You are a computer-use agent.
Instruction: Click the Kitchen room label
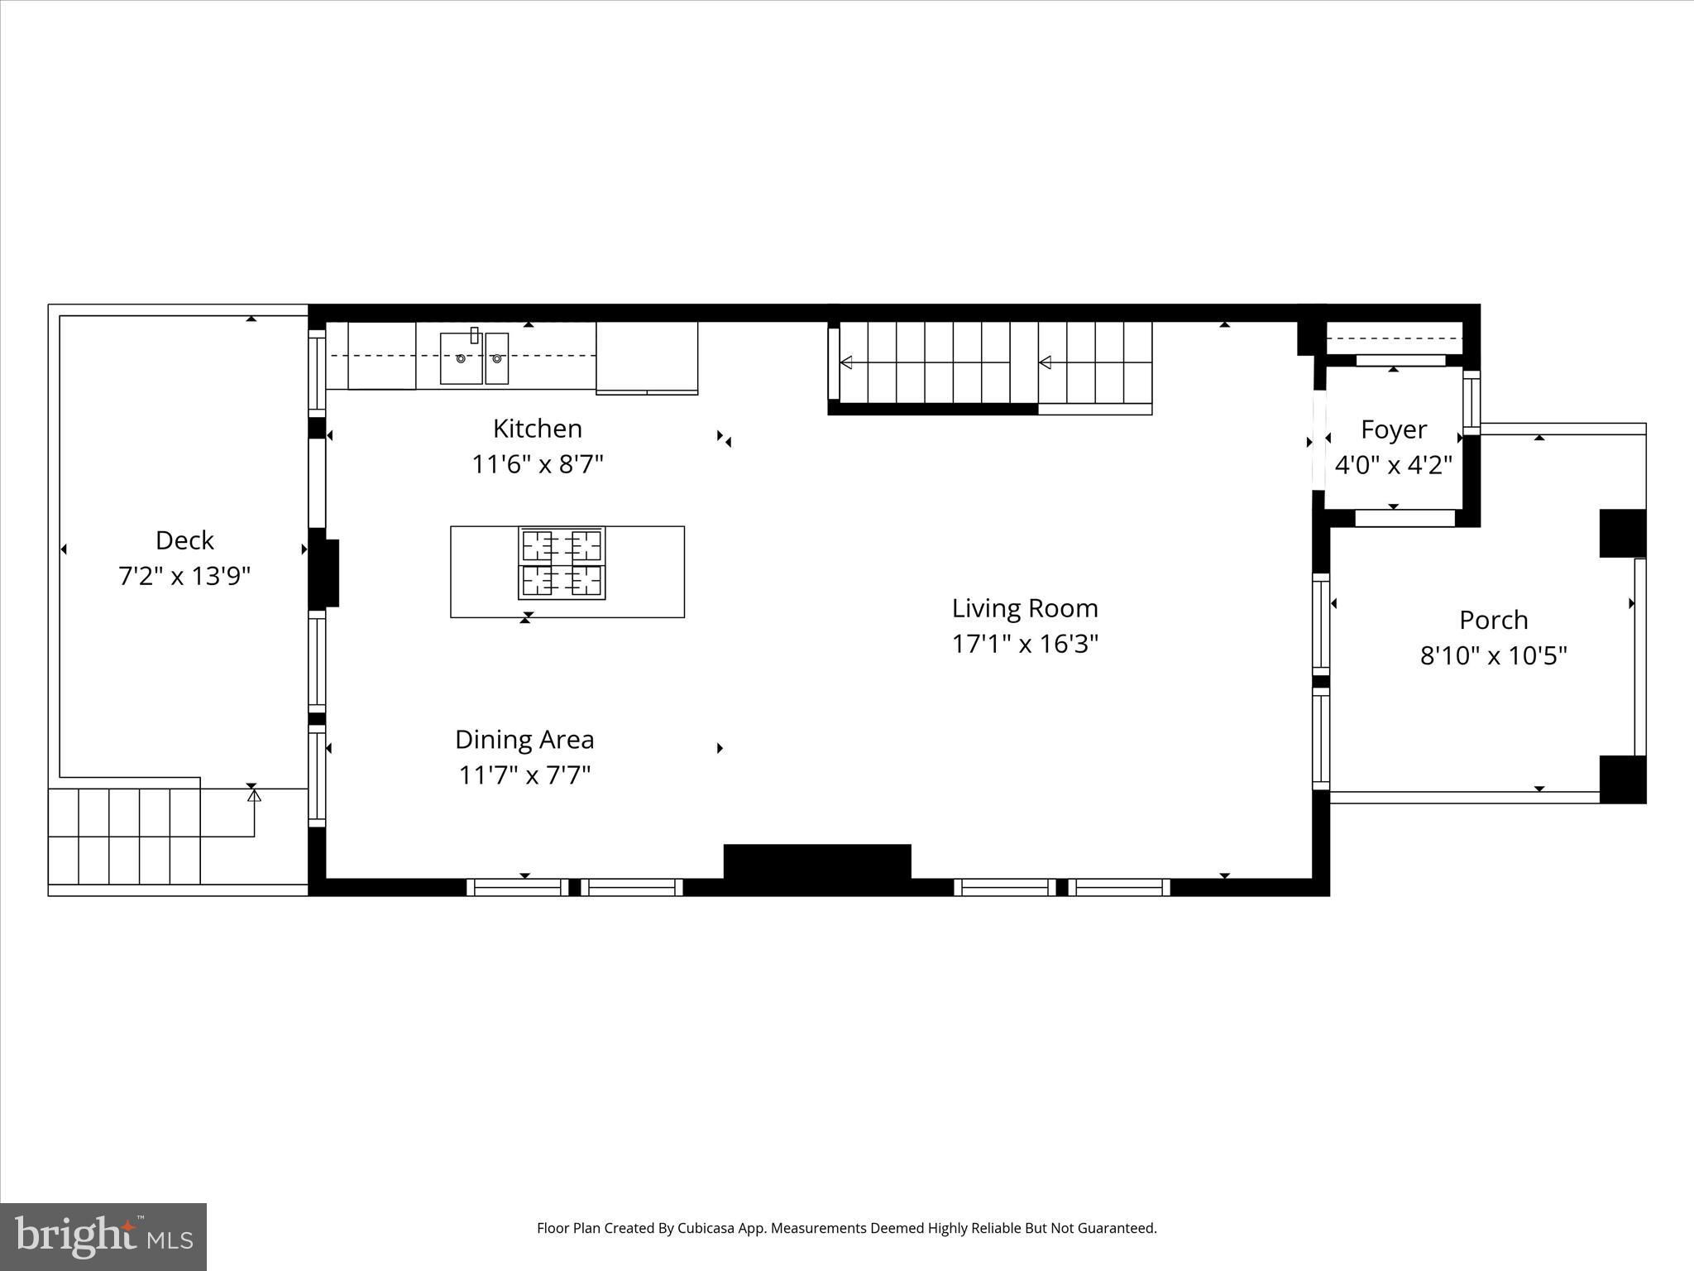pyautogui.click(x=538, y=429)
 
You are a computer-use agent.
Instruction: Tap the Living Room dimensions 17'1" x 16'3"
pyautogui.click(x=1025, y=644)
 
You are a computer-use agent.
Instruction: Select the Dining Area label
pyautogui.click(x=524, y=739)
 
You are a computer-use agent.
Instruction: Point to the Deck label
pyautogui.click(x=184, y=540)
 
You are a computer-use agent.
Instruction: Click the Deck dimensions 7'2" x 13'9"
pyautogui.click(x=184, y=576)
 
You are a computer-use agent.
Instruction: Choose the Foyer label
pyautogui.click(x=1394, y=429)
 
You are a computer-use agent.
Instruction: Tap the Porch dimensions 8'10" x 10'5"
pyautogui.click(x=1494, y=656)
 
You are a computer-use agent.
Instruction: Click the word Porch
pyautogui.click(x=1494, y=620)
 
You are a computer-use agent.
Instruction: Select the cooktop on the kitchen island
pyautogui.click(x=562, y=563)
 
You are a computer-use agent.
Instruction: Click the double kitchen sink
pyautogui.click(x=474, y=357)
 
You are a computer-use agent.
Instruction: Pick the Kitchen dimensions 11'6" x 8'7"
pyautogui.click(x=538, y=464)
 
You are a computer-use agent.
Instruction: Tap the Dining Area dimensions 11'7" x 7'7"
pyautogui.click(x=524, y=775)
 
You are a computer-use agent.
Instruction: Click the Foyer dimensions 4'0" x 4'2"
pyautogui.click(x=1394, y=465)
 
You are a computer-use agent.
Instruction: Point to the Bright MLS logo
pyautogui.click(x=103, y=1237)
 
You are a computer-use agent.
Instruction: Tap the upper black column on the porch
pyautogui.click(x=1622, y=534)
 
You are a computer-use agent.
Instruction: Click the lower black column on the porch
pyautogui.click(x=1622, y=779)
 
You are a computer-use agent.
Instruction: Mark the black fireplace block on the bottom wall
pyautogui.click(x=817, y=862)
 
